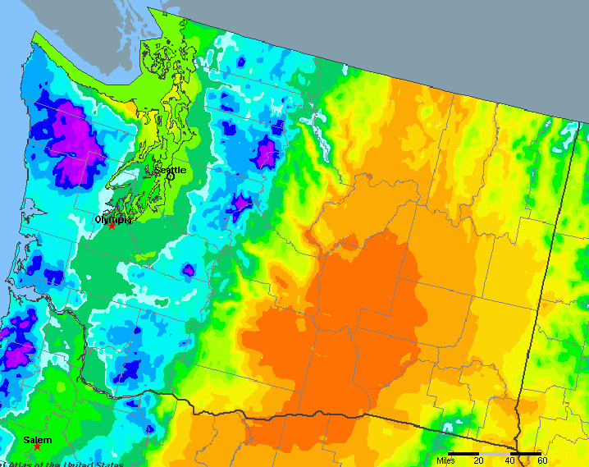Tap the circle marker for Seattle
(171, 176)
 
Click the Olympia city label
(112, 219)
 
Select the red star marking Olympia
(112, 226)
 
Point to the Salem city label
(38, 441)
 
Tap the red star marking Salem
(37, 446)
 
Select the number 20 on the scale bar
(478, 461)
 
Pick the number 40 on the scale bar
(510, 461)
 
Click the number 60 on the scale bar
(541, 461)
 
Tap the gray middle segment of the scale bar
(495, 453)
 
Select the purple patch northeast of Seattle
(266, 152)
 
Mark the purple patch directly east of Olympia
(240, 203)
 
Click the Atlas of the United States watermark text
(62, 464)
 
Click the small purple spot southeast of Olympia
(188, 269)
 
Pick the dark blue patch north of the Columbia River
(127, 369)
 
